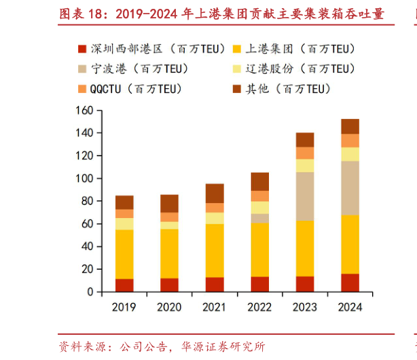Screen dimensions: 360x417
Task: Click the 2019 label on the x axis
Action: click(124, 307)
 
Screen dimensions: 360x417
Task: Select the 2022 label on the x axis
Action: click(259, 307)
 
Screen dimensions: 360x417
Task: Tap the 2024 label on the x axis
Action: click(350, 307)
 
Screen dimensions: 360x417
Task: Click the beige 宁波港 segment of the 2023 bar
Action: click(305, 196)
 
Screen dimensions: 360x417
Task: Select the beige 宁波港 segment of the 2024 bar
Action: click(350, 187)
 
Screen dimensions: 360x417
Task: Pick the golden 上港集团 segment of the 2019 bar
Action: click(124, 254)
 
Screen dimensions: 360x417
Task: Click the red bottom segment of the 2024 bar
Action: click(350, 283)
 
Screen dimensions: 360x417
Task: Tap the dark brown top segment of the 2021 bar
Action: click(215, 193)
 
